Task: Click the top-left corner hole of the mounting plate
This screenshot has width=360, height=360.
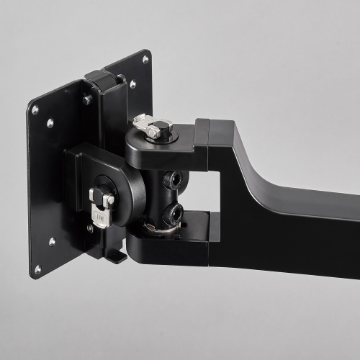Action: point(35,110)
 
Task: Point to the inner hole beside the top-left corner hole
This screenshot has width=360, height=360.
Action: point(50,122)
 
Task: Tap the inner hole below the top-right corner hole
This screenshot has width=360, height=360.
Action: point(134,84)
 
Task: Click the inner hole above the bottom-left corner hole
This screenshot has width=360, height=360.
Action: point(53,241)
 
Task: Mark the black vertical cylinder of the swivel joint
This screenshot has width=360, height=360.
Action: point(160,194)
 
